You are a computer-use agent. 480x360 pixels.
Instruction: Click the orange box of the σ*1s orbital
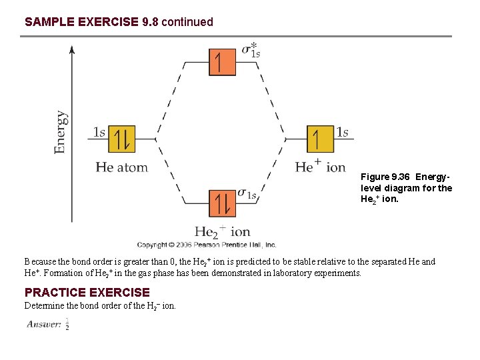[x=222, y=62]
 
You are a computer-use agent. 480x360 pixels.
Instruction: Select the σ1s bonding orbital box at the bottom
[x=222, y=203]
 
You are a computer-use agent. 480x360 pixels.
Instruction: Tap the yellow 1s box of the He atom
[x=122, y=139]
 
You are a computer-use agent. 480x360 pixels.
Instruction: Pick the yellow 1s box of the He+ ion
[x=320, y=139]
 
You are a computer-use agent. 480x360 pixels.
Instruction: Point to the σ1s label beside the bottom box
[x=247, y=194]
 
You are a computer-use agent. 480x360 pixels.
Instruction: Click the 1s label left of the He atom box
[x=99, y=132]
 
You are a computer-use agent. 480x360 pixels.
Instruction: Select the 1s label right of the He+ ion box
[x=342, y=132]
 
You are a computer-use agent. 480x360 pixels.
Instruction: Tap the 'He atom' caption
[x=121, y=167]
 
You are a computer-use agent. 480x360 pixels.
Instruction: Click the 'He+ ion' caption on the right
[x=321, y=167]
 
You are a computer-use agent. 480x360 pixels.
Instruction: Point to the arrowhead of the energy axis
[x=73, y=49]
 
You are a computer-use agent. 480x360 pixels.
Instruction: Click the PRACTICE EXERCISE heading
[x=87, y=292]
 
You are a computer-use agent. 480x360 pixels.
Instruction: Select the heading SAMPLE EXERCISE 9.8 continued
[x=119, y=22]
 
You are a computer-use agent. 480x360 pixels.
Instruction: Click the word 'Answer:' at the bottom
[x=44, y=325]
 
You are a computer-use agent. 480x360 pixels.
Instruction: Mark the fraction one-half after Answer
[x=67, y=325]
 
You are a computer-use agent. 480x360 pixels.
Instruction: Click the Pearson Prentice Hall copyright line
[x=207, y=245]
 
